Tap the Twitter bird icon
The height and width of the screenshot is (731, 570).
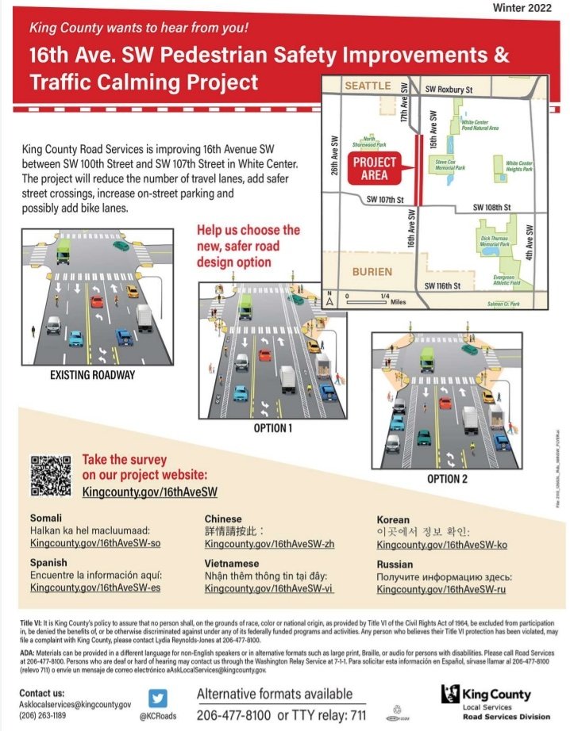coord(158,698)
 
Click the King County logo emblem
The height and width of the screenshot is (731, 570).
coord(450,695)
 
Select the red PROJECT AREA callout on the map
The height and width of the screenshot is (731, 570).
coord(375,169)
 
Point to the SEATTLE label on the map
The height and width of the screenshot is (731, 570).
coord(368,86)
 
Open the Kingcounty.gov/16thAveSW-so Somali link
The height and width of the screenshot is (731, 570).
coord(95,543)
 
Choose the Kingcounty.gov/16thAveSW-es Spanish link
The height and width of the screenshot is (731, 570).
coord(95,587)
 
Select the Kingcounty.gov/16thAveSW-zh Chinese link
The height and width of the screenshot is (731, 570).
coord(269,544)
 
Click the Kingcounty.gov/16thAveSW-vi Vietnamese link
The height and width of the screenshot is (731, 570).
coord(268,588)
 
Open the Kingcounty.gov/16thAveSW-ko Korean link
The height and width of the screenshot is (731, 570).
coord(441,545)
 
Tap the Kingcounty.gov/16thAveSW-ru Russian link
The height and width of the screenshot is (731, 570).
coord(441,589)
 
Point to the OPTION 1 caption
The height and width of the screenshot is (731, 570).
coord(272,428)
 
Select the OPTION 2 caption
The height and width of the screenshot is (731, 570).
coord(447,479)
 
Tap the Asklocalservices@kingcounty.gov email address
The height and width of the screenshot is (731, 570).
coord(75,704)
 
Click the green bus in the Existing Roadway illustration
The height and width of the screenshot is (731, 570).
coord(64,253)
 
